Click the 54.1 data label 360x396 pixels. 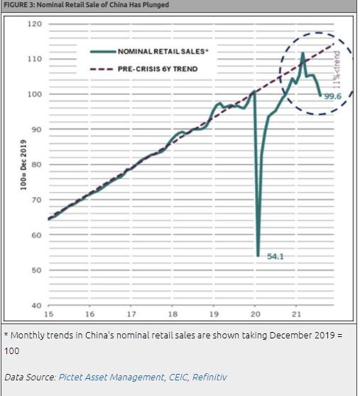pyautogui.click(x=276, y=256)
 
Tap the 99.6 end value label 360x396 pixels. pyautogui.click(x=333, y=95)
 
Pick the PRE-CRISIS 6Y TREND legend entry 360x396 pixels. pyautogui.click(x=153, y=69)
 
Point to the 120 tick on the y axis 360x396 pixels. pyautogui.click(x=35, y=23)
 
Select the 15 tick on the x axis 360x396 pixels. pyautogui.click(x=48, y=313)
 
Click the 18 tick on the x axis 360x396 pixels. pyautogui.click(x=173, y=313)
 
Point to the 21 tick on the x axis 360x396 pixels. pyautogui.click(x=298, y=313)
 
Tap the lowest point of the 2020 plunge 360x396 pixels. pyautogui.click(x=257, y=255)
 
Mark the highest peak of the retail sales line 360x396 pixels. pyautogui.click(x=302, y=53)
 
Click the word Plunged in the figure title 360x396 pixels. pyautogui.click(x=156, y=5)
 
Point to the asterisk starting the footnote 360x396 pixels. pyautogui.click(x=6, y=335)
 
